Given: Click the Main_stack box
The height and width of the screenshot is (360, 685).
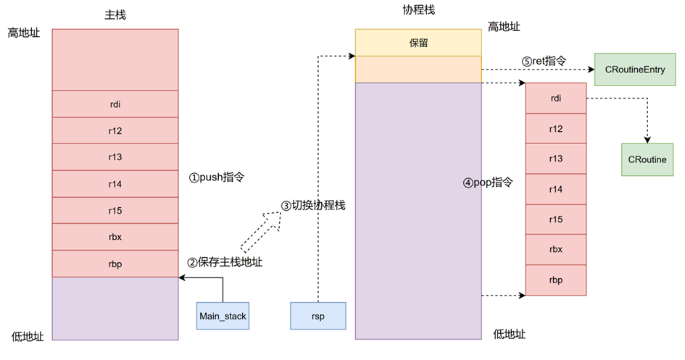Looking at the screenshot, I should (x=223, y=316).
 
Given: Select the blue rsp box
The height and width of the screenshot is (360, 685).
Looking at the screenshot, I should (x=318, y=316).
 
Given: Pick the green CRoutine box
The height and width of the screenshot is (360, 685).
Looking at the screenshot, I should (x=647, y=159).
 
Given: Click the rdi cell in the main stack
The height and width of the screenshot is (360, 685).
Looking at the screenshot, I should (x=115, y=104).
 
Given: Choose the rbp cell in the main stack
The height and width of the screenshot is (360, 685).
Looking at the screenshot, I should (x=115, y=264).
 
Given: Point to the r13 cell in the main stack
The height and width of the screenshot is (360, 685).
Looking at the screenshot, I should (x=115, y=157).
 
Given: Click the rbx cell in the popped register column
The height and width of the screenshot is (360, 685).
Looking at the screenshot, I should (x=556, y=249).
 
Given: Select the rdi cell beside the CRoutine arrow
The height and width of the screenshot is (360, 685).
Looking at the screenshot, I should (x=556, y=98).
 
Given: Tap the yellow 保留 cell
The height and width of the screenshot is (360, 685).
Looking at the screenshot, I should (x=418, y=43).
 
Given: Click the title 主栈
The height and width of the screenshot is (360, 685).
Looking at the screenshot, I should (x=115, y=14).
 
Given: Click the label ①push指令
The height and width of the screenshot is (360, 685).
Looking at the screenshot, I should (x=218, y=177).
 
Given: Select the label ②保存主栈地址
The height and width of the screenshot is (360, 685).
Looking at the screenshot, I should (x=225, y=262).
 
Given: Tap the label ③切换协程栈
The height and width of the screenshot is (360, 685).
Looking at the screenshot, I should (x=313, y=205).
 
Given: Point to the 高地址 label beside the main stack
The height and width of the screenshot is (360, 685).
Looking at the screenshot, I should (x=24, y=33).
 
